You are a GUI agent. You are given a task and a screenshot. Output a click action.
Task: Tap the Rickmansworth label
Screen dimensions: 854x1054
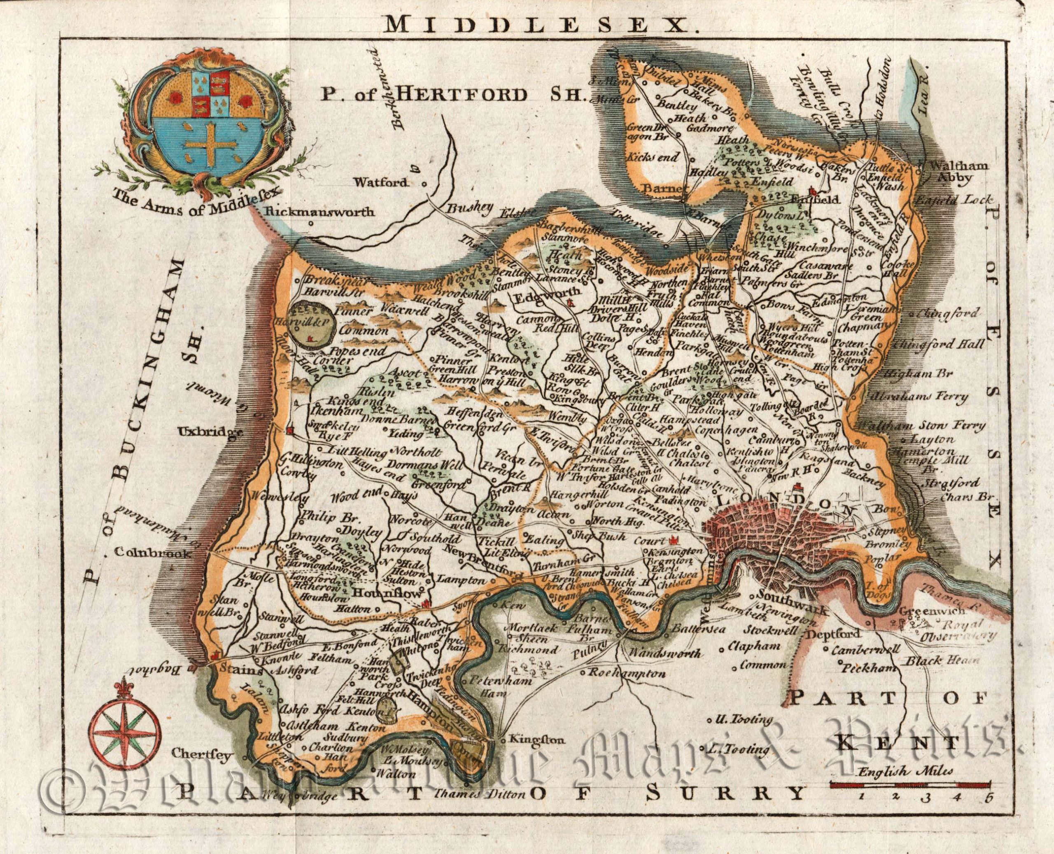tap(322, 212)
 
